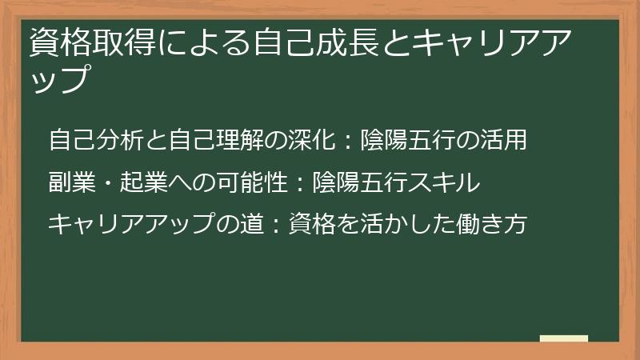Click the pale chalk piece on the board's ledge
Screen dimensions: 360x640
(x=563, y=338)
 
